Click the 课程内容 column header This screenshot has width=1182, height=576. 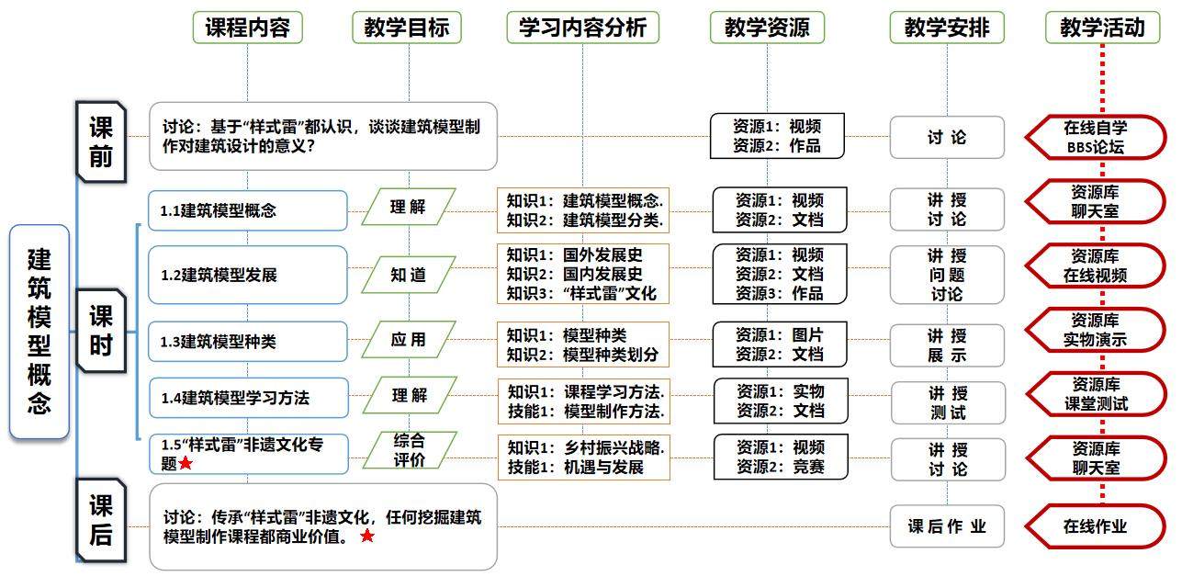click(247, 28)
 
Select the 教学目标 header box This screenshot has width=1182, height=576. click(406, 28)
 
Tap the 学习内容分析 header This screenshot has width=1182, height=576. click(581, 28)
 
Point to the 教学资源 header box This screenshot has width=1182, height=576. click(767, 28)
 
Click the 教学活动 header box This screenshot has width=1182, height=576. click(1102, 28)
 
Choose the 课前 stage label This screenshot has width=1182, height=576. click(100, 140)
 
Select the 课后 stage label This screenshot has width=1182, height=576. click(100, 519)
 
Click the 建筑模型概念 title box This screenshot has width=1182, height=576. click(39, 332)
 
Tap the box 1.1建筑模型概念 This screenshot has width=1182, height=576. click(248, 210)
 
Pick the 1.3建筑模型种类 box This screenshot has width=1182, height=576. click(248, 342)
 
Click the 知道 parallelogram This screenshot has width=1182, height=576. click(408, 274)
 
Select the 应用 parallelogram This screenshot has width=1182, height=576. click(408, 339)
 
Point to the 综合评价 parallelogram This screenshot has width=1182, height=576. click(409, 450)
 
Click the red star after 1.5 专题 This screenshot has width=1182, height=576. click(186, 464)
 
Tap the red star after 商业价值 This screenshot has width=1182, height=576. click(367, 536)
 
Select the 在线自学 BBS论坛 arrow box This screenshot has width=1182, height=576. click(1096, 137)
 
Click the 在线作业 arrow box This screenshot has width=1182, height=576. click(1095, 526)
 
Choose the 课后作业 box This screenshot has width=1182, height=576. click(947, 526)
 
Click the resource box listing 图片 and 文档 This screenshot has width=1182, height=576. click(780, 344)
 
